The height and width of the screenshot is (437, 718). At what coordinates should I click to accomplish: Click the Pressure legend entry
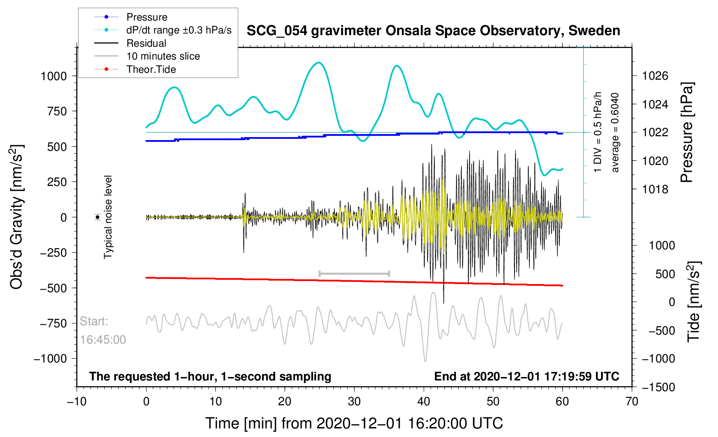pos(147,17)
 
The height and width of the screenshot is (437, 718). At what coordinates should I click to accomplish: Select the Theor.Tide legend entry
pos(151,69)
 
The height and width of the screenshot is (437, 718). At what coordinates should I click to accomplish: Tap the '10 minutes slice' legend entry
pos(163,56)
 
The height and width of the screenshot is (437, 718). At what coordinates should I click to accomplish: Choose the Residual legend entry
pos(146,43)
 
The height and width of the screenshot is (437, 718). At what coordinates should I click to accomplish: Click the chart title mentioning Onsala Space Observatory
pos(433,31)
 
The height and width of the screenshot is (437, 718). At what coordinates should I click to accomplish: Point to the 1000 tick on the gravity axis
pos(54,76)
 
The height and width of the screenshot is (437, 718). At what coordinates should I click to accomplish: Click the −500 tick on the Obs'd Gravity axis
pos(54,288)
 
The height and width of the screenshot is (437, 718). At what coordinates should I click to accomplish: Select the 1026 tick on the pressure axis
pos(655,76)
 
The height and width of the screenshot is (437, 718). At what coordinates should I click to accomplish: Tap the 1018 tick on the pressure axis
pos(655,189)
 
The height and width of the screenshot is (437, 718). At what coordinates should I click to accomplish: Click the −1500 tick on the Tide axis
pos(658,387)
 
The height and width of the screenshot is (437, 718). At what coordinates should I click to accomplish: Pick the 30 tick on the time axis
pos(354,401)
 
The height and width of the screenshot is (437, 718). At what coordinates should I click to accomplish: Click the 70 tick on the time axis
pos(632,401)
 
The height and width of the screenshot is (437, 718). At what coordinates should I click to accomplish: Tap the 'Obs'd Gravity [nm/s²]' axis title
pos(17,217)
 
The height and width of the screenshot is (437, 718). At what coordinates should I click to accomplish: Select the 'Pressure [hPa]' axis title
pos(687,133)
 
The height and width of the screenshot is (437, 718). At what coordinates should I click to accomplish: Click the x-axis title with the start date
pos(354,423)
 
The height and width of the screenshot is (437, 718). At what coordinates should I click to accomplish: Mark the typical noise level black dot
pos(98,217)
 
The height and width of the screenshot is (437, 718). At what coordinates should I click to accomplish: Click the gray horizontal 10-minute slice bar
pos(354,273)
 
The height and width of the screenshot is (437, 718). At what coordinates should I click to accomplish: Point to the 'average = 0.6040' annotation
pos(615,132)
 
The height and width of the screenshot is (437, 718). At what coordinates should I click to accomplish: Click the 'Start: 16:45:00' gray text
pos(102,330)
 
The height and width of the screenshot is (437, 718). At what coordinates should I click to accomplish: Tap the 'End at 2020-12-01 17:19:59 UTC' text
pos(527,377)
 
